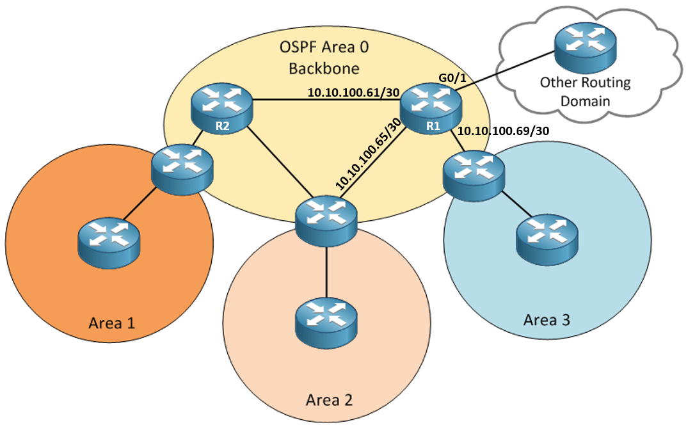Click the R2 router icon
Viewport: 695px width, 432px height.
pos(221,107)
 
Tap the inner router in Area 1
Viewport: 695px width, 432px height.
pos(108,241)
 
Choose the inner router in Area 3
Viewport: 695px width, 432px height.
pos(547,239)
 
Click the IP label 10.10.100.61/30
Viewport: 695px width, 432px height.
pos(354,93)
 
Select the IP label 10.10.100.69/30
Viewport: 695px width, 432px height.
pos(505,131)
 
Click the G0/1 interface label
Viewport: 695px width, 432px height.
pos(452,78)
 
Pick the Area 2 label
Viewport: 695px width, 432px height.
pos(329,401)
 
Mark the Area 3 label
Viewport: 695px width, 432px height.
pos(547,319)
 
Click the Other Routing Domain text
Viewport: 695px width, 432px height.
pos(585,92)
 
